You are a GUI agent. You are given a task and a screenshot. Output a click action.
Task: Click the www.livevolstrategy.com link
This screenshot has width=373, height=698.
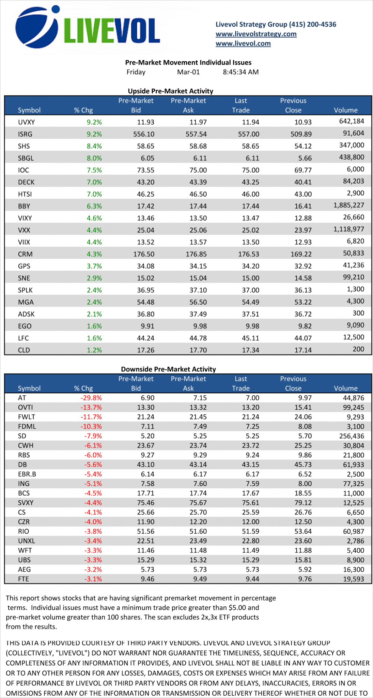coord(256,34)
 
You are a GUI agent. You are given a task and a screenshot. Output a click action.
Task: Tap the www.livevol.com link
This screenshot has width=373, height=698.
coord(243,43)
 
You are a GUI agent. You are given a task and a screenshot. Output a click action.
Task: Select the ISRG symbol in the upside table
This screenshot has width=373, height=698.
coord(25,134)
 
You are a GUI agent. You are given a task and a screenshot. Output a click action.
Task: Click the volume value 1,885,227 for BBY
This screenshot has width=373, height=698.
coord(349,205)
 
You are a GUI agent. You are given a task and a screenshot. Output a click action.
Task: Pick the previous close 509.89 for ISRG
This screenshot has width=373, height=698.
coord(301,134)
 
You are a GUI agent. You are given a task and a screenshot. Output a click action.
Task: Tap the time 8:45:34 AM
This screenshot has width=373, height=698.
coord(240,72)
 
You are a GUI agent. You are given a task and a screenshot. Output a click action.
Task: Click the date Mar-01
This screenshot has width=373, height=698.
coord(188,72)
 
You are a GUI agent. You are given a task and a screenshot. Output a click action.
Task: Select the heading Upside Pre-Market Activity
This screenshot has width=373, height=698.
coord(170,91)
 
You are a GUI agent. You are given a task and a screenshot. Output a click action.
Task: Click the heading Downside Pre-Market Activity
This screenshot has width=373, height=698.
coord(168,369)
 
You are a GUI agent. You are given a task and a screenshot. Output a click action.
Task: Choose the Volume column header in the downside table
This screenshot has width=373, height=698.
coord(345,388)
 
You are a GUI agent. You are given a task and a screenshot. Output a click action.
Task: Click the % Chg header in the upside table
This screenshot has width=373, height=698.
coord(83,110)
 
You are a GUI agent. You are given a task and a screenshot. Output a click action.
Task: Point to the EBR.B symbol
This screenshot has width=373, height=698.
coord(27,474)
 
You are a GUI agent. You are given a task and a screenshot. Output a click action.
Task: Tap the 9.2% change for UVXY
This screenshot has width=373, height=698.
coord(94,122)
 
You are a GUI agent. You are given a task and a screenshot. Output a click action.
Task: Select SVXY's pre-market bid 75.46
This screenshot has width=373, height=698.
coord(145,503)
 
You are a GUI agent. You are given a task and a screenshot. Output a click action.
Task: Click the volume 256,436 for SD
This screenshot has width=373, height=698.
coord(352,436)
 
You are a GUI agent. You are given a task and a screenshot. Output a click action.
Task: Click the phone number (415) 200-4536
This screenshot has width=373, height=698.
coord(312,24)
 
